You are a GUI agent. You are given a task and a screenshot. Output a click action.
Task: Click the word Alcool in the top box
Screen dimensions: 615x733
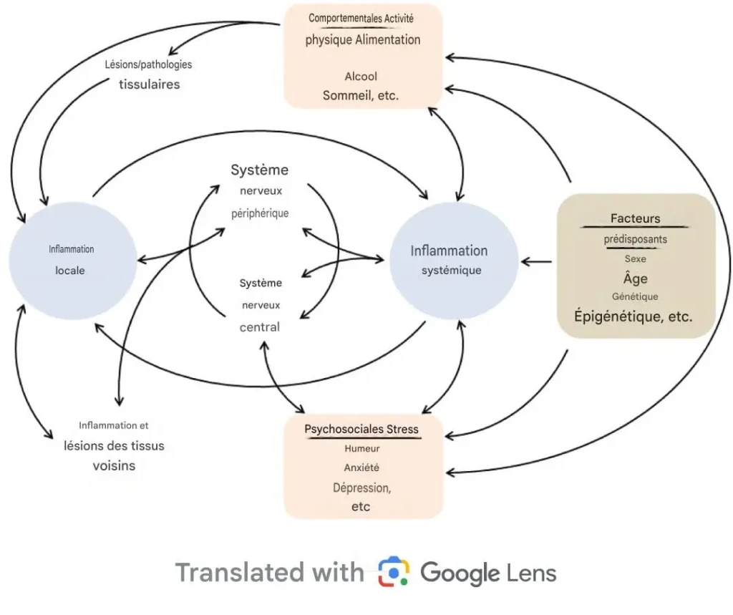[x=361, y=76]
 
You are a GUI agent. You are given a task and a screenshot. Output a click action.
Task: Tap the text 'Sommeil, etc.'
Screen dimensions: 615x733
[x=361, y=95]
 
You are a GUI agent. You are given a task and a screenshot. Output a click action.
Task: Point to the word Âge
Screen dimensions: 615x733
[x=635, y=279]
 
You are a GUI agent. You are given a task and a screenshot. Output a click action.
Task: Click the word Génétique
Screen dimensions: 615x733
[x=635, y=296]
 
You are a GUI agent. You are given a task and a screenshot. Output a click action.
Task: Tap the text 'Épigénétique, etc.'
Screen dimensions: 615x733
[x=635, y=316]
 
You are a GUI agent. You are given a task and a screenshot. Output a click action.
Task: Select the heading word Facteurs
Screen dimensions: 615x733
[x=635, y=218]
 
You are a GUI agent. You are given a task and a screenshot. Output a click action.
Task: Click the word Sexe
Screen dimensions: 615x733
[x=635, y=258]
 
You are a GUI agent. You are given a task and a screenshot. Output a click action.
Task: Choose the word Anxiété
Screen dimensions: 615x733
[x=361, y=468]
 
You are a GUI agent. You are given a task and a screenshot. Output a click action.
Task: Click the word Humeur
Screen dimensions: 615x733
[x=361, y=449]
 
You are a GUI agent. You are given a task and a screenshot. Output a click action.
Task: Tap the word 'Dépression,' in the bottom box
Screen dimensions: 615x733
[x=361, y=487]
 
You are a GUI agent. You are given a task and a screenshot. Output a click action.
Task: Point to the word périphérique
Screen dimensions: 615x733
[x=260, y=213]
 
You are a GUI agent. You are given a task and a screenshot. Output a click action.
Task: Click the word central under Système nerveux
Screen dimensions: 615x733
[x=260, y=327]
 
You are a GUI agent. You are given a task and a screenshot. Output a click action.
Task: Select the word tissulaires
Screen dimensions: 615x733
[x=149, y=84]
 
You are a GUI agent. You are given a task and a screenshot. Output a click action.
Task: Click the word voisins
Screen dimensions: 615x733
[x=114, y=465]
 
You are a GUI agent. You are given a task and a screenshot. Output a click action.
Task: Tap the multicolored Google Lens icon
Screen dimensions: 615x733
[x=393, y=573]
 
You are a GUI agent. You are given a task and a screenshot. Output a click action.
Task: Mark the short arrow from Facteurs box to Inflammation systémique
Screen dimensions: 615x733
[x=537, y=262]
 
